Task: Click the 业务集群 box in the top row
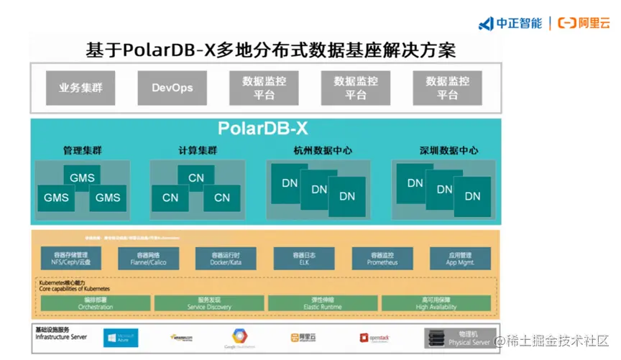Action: [x=80, y=88]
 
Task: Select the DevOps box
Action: [x=172, y=88]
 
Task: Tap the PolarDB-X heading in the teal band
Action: [x=263, y=129]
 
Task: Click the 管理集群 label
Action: [x=83, y=151]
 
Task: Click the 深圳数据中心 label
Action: [x=448, y=151]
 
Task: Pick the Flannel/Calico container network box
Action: [x=148, y=259]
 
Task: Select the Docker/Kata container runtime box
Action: [x=226, y=259]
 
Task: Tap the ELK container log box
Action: [x=304, y=259]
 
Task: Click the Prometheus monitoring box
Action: [x=382, y=259]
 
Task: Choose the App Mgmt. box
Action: [x=461, y=259]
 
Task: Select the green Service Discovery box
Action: [x=209, y=303]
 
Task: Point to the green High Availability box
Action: [x=436, y=303]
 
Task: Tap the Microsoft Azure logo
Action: [x=121, y=338]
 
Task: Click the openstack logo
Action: [x=377, y=338]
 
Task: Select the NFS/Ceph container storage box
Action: [x=70, y=259]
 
